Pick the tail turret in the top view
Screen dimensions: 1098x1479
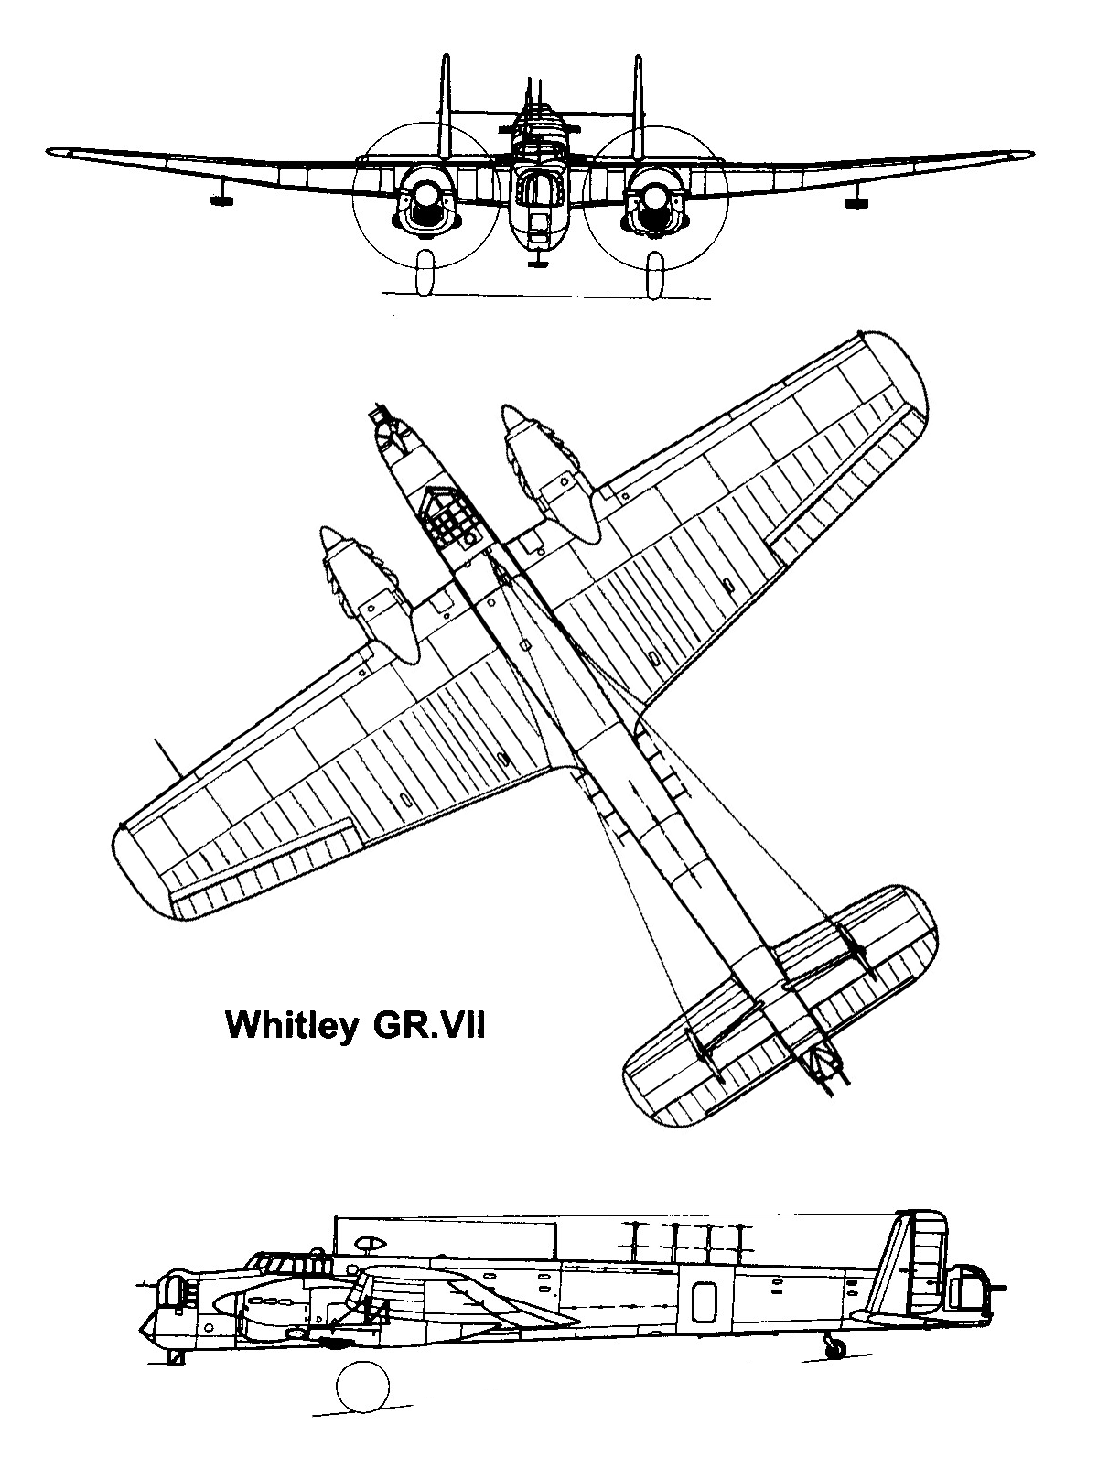825,1074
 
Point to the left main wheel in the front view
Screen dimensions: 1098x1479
425,273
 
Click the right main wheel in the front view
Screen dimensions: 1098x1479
656,273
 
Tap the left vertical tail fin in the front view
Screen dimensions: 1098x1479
446,107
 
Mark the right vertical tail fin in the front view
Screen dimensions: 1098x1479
638,107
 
